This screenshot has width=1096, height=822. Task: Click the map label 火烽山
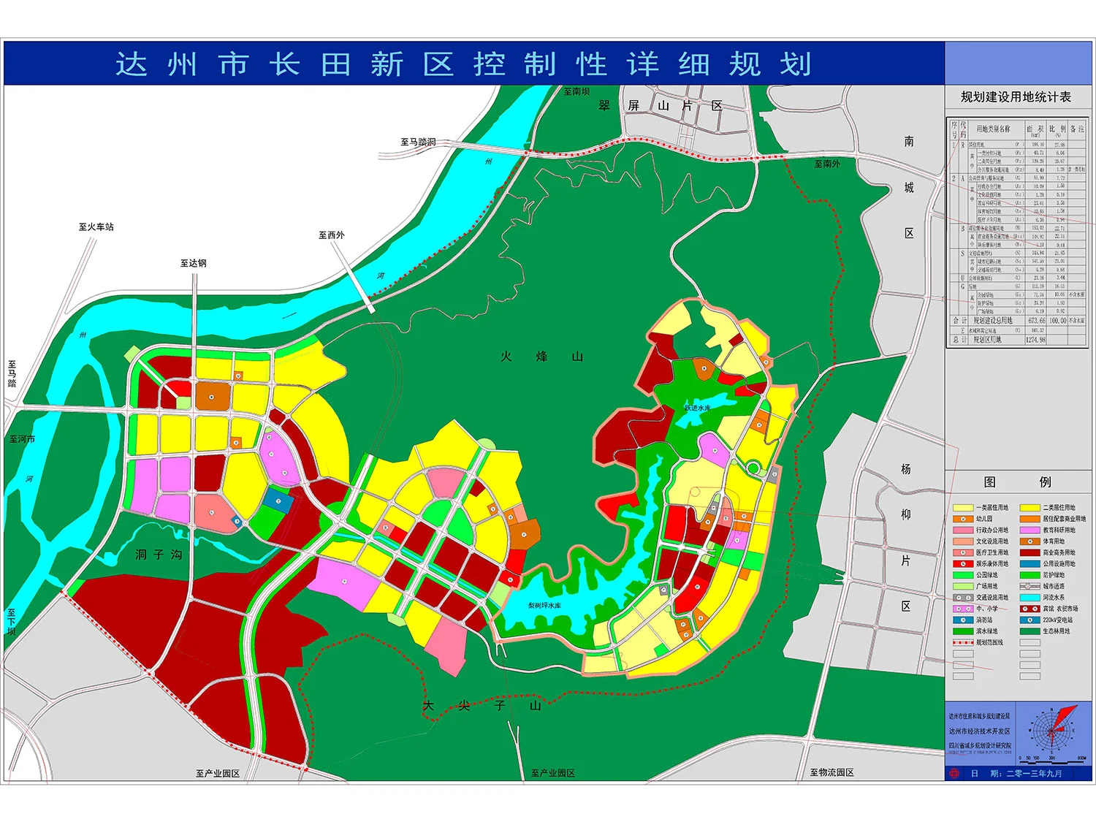541,357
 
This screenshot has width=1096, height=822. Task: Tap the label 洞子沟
159,555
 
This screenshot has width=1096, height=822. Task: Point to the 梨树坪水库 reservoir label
544,606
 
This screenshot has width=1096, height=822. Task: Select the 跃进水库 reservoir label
697,408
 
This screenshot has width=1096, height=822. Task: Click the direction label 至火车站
96,227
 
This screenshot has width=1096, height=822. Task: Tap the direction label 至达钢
194,263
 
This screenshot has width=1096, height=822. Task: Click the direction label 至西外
331,235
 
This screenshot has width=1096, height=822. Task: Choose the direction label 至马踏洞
418,142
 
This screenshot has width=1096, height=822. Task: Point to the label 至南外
827,164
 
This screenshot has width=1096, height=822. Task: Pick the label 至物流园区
831,772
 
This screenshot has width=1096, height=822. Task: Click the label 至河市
22,439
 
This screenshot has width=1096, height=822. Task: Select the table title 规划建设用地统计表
1016,97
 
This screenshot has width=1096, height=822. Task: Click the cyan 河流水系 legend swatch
1030,598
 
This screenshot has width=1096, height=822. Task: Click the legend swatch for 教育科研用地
1030,530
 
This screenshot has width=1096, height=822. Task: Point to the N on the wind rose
1052,710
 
